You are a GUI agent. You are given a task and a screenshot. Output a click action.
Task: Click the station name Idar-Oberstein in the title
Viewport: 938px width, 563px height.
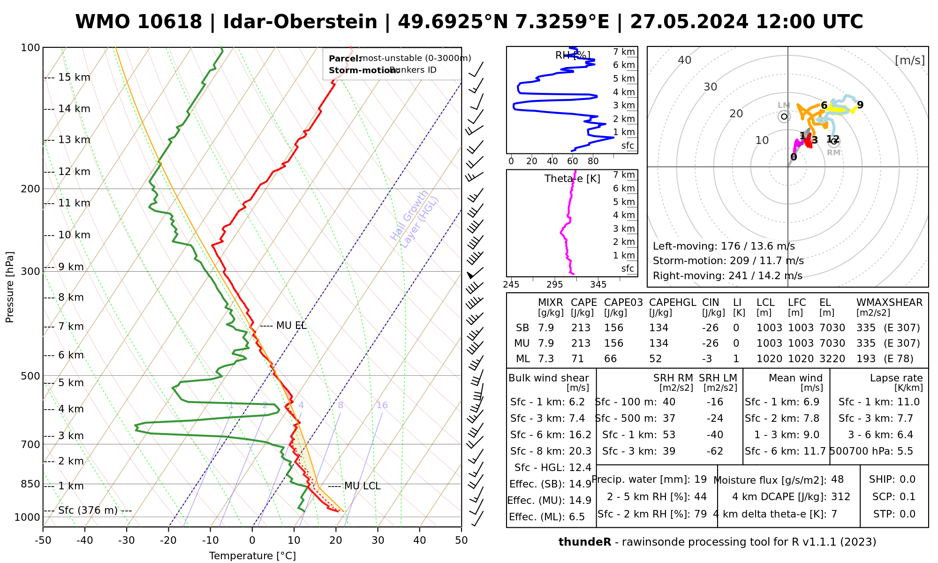[300, 22]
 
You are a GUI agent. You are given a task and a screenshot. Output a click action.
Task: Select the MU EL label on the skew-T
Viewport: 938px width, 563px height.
[291, 326]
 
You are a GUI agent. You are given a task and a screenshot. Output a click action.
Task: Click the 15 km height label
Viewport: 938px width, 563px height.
[74, 77]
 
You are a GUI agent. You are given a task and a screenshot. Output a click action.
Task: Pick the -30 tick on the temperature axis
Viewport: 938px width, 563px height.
[127, 540]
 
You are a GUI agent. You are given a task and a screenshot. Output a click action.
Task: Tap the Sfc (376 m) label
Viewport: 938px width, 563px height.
[88, 510]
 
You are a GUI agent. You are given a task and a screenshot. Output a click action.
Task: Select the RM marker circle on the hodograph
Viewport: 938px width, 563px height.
[833, 141]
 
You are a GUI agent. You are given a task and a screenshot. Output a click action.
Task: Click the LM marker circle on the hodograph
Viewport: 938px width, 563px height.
[784, 116]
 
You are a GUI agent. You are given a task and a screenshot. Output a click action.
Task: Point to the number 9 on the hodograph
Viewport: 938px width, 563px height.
[860, 105]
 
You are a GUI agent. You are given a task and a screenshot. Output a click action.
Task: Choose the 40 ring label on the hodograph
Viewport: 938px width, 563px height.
[685, 60]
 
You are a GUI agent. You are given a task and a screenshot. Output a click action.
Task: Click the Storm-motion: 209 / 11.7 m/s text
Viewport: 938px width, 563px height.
[728, 261]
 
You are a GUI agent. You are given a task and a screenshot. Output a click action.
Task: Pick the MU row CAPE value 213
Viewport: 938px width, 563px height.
[581, 343]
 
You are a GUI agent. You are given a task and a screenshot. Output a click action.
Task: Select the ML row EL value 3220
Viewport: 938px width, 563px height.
[832, 359]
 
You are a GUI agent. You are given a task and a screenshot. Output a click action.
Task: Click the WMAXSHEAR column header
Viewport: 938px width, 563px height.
[889, 303]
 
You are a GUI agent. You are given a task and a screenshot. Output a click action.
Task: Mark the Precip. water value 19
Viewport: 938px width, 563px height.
[700, 479]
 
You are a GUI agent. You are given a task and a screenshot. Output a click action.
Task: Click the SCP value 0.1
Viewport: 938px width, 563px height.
[907, 497]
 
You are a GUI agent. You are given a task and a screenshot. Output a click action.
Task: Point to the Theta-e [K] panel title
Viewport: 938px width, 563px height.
[572, 179]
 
